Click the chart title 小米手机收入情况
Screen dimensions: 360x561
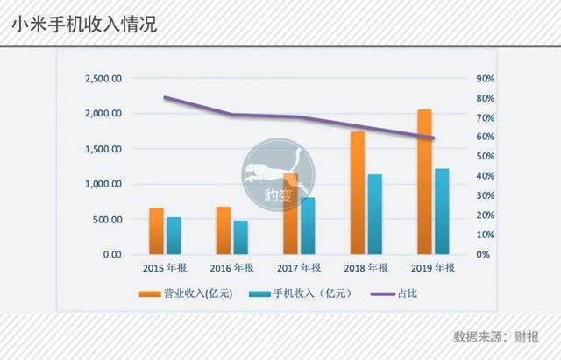83,25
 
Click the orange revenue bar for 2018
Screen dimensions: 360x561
357,193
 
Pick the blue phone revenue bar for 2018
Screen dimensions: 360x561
374,214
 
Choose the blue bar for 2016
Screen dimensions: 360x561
240,236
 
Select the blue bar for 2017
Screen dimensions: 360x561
308,225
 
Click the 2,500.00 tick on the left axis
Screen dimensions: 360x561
103,79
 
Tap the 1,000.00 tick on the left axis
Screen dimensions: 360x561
103,185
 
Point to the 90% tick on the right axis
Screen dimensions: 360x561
485,79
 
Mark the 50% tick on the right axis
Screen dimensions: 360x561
485,157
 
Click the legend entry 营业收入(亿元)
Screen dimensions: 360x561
197,293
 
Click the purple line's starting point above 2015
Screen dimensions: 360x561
165,97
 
